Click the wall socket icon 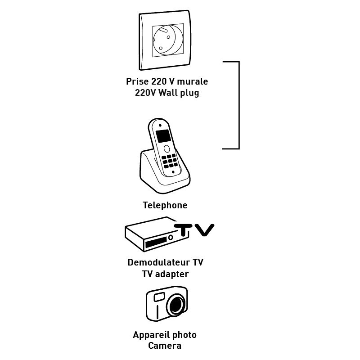[167, 41]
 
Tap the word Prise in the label [137, 82]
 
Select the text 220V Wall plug [167, 93]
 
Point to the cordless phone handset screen [163, 136]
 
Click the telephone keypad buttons [169, 161]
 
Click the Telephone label [165, 205]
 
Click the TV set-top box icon [151, 236]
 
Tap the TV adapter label [165, 274]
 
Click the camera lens [176, 306]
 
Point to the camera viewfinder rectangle [159, 297]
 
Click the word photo [184, 335]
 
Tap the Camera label [165, 346]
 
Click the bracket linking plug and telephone [238, 105]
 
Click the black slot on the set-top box [155, 244]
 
